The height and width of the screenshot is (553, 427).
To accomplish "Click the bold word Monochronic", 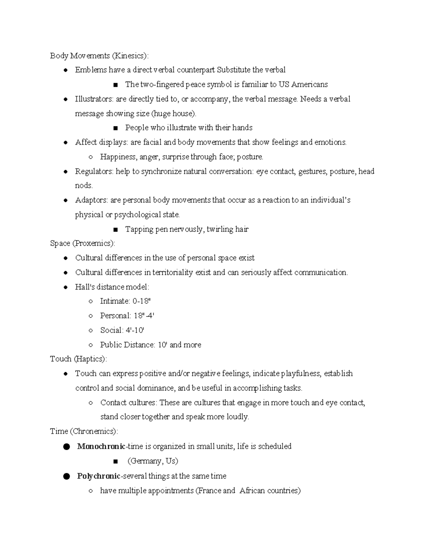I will tap(101, 447).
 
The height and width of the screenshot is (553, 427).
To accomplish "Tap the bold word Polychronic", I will tap(99, 476).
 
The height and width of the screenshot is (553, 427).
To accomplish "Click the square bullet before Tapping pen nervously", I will tap(115, 230).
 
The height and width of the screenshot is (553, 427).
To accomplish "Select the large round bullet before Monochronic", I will tap(66, 447).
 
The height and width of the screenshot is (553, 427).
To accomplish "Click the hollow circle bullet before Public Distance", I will tap(91, 345).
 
